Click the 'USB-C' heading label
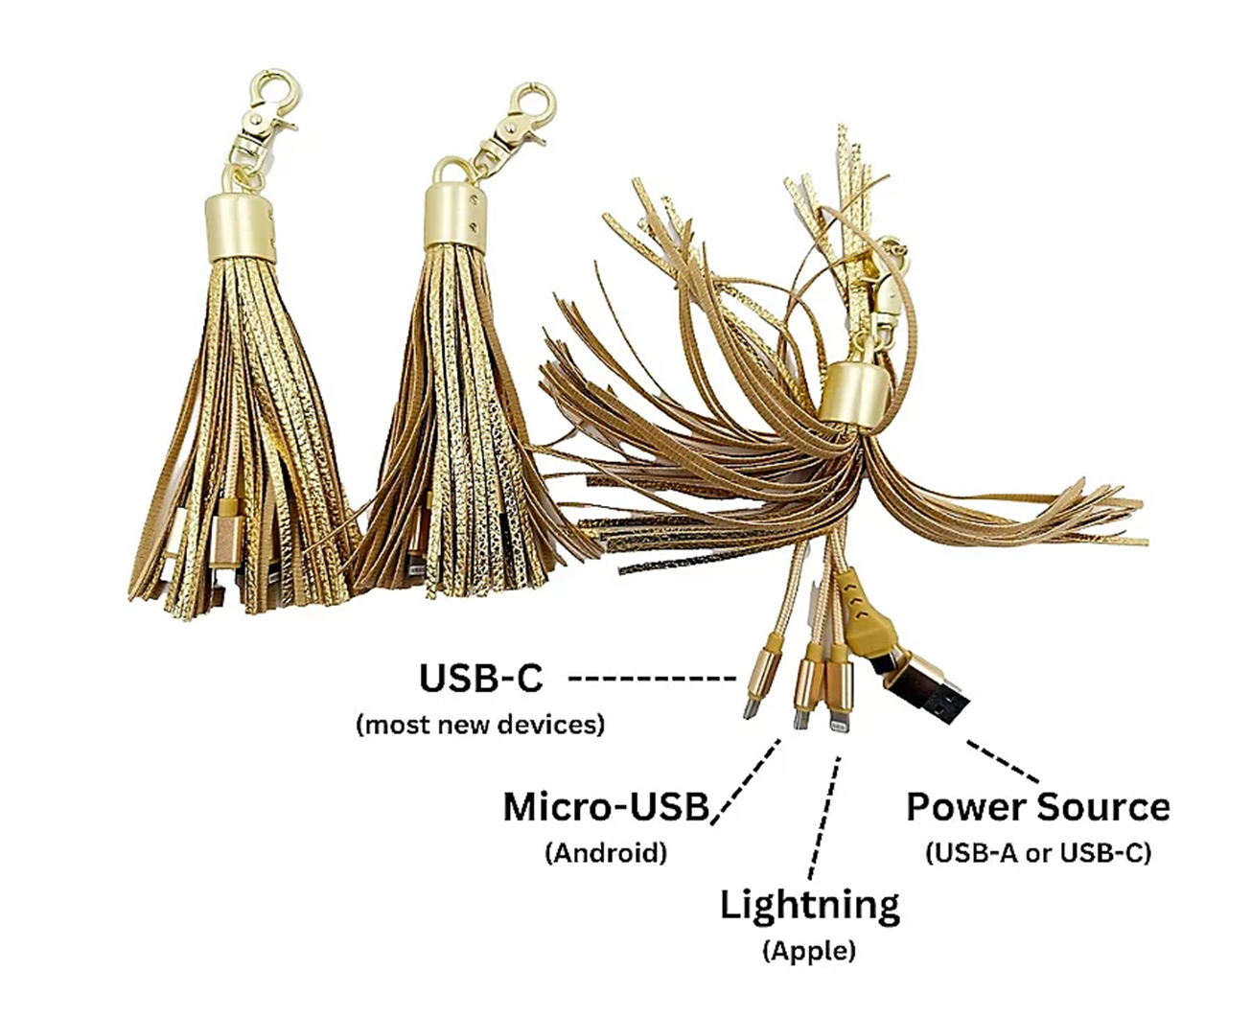(x=480, y=678)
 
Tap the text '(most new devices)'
(x=480, y=724)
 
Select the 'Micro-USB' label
(x=606, y=807)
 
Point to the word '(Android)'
(x=606, y=852)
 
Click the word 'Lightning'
(x=810, y=905)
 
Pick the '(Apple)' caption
(x=810, y=951)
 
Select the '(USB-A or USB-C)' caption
(x=1038, y=852)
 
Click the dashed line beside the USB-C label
(x=652, y=679)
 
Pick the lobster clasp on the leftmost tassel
(x=266, y=106)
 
